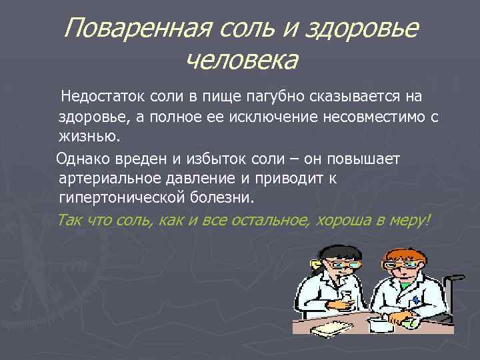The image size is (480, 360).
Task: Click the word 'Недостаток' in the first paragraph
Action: click(x=101, y=97)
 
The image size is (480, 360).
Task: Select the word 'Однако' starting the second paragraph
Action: click(x=80, y=159)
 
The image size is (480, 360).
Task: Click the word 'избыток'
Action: click(x=213, y=159)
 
